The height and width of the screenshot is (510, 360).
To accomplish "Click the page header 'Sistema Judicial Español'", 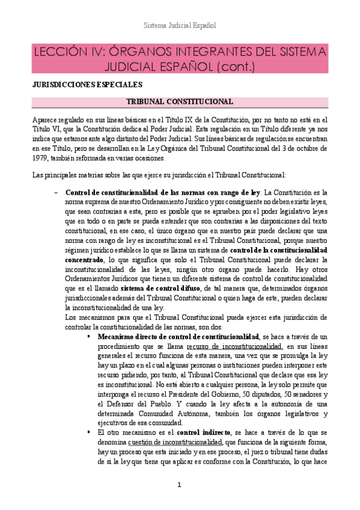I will pyautogui.click(x=180, y=26).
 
